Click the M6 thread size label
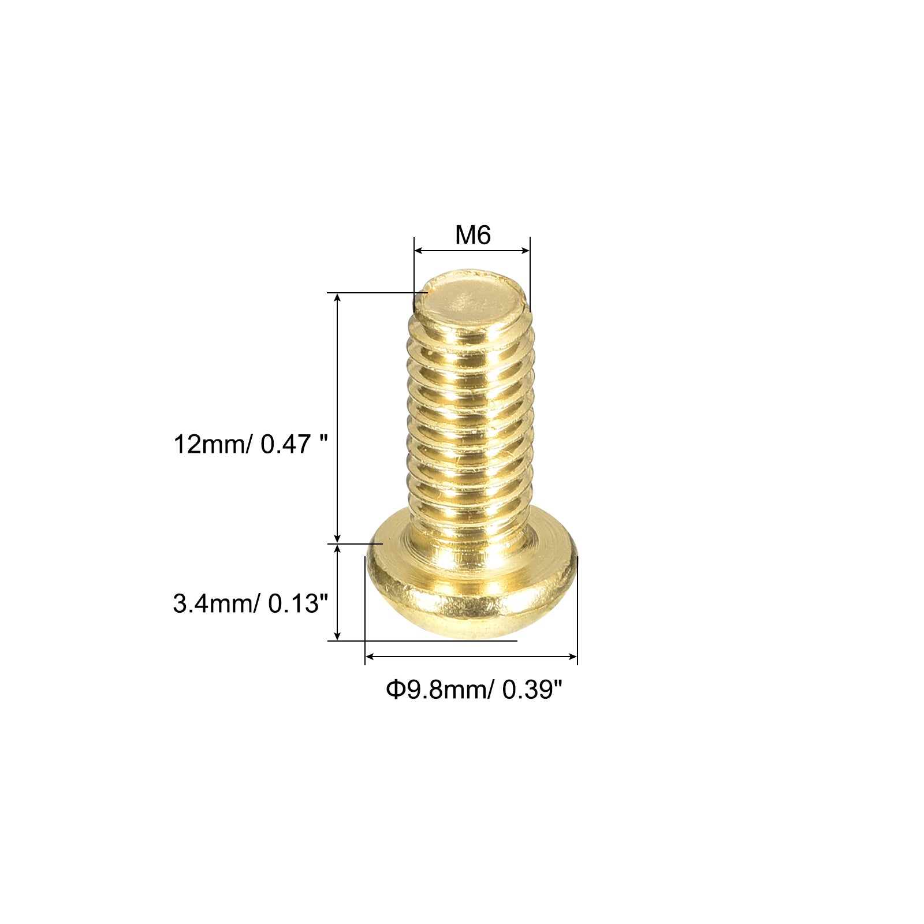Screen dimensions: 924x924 [x=473, y=236]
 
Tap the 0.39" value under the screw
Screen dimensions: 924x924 [x=532, y=690]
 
